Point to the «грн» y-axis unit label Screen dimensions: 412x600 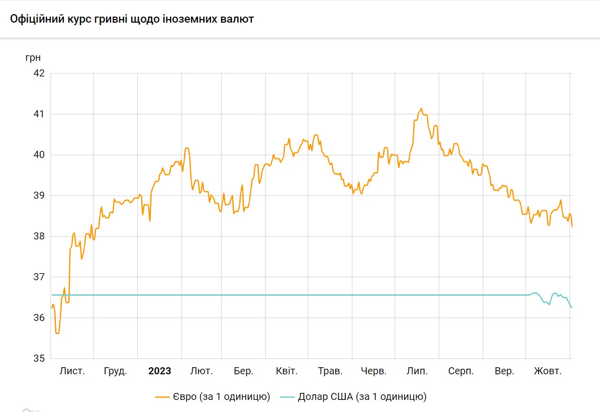click(x=33, y=57)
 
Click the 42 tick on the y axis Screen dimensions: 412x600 click(x=39, y=73)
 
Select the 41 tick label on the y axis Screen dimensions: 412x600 click(x=39, y=114)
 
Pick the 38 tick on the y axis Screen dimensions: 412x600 click(x=39, y=236)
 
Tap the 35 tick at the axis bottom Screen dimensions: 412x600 click(x=39, y=359)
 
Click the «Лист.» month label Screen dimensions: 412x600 click(x=72, y=371)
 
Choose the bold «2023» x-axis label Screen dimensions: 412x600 click(x=159, y=371)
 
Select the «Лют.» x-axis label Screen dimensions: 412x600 click(x=202, y=371)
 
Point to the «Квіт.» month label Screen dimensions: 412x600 click(x=287, y=371)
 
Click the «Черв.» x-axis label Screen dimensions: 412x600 click(x=374, y=371)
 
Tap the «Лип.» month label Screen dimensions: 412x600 click(x=417, y=371)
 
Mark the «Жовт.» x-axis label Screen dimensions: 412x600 click(x=547, y=371)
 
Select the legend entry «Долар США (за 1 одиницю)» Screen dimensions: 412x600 click(x=362, y=397)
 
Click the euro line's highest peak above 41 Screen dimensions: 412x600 click(x=421, y=108)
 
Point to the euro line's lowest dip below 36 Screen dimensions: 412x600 click(x=58, y=333)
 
